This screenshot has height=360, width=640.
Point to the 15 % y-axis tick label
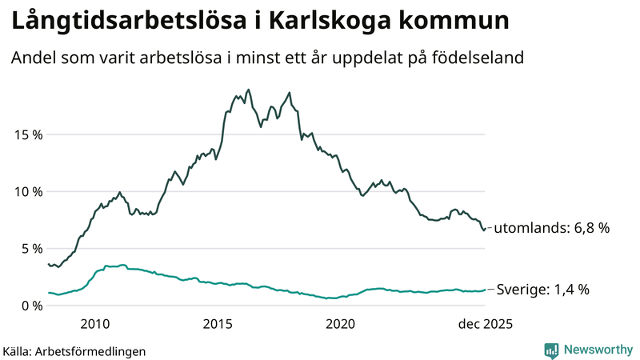click(x=28, y=134)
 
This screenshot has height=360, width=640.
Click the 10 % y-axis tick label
click(x=28, y=191)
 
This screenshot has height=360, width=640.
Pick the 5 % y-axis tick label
click(x=31, y=248)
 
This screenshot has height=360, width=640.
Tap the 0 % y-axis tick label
click(x=31, y=305)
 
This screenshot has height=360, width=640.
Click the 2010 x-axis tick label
click(x=94, y=323)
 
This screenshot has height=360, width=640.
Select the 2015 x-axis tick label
click(x=218, y=323)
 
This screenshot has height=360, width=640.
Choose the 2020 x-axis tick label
click(x=341, y=323)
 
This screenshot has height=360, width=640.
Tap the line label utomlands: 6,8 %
click(x=551, y=228)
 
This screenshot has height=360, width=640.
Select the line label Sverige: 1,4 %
click(x=543, y=290)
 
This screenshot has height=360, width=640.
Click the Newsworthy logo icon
click(x=551, y=350)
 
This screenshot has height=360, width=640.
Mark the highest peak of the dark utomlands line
click(x=248, y=90)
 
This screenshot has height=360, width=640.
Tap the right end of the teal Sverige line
click(x=485, y=290)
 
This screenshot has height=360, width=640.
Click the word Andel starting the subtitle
click(x=31, y=58)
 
